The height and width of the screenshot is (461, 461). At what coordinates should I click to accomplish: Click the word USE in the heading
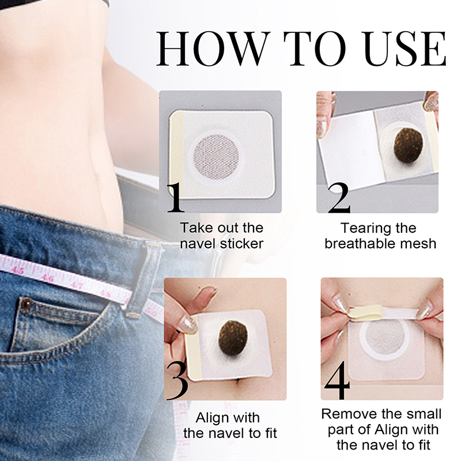pyautogui.click(x=406, y=48)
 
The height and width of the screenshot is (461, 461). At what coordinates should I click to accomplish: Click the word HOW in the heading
pyautogui.click(x=213, y=48)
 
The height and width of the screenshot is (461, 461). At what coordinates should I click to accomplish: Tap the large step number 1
pyautogui.click(x=175, y=197)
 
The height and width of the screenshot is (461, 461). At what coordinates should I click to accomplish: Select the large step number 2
pyautogui.click(x=339, y=198)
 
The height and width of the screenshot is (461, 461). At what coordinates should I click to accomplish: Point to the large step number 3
pyautogui.click(x=177, y=381)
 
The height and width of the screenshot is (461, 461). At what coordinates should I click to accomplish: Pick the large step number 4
pyautogui.click(x=338, y=381)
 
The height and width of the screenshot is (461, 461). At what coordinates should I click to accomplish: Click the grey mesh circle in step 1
pyautogui.click(x=216, y=157)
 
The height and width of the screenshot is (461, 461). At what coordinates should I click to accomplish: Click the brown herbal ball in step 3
pyautogui.click(x=233, y=338)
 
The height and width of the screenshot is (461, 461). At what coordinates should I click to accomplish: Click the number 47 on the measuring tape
pyautogui.click(x=77, y=285)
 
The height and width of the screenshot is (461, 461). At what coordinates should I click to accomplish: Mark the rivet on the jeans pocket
pyautogui.click(x=27, y=301)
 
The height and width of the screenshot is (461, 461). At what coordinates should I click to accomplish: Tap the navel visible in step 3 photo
pyautogui.click(x=237, y=381)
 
